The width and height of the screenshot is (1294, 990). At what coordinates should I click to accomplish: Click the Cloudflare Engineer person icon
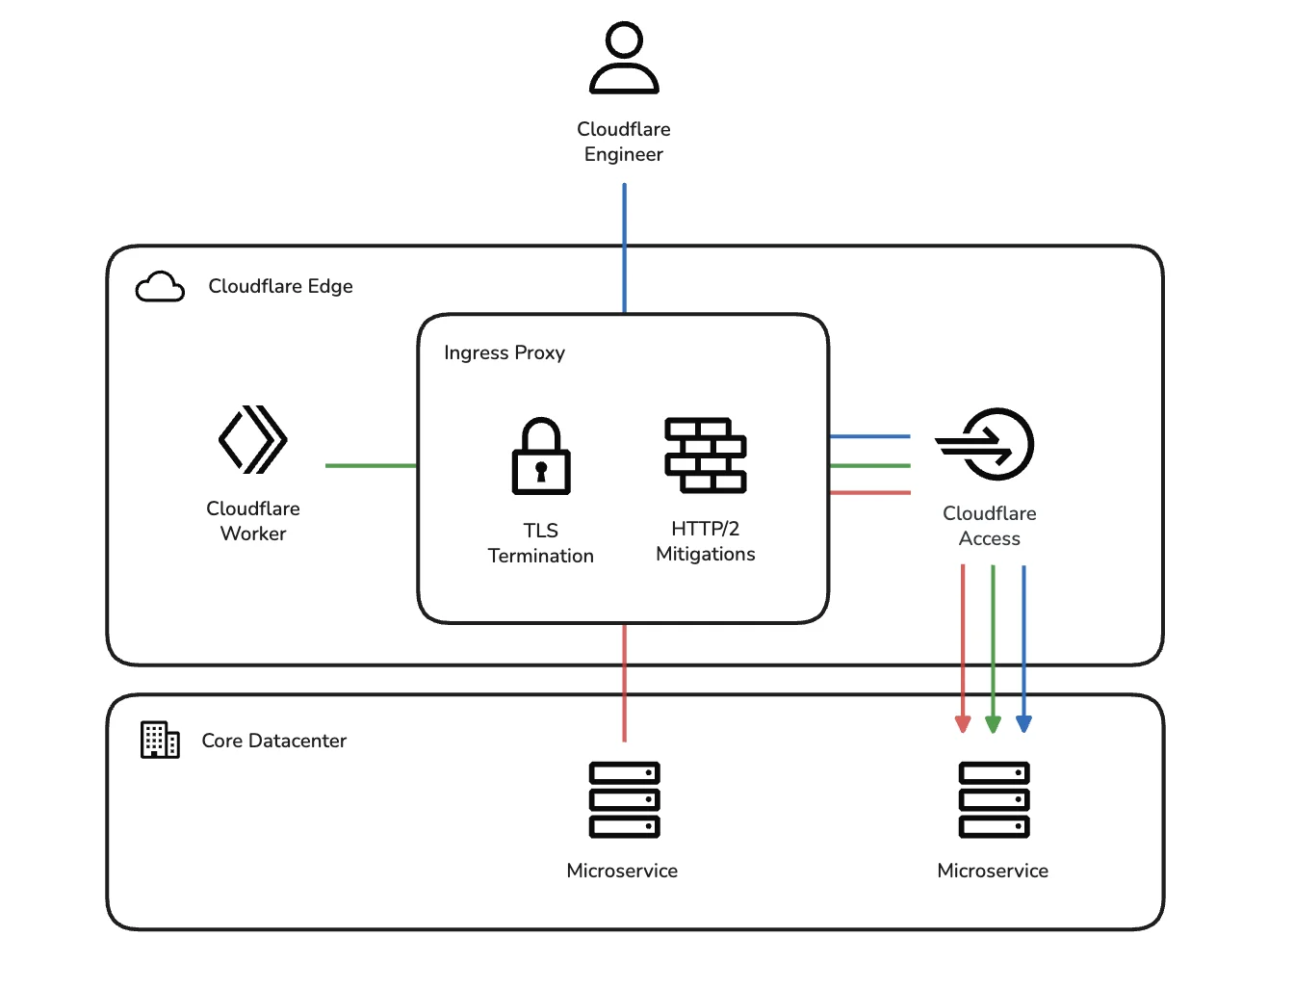tap(624, 59)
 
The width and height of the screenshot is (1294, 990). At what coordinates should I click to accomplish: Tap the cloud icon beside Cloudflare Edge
tap(160, 287)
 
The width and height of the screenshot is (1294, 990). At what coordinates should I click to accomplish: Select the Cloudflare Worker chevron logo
tap(253, 439)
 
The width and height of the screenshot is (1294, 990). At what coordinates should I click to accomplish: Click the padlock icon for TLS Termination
tap(540, 456)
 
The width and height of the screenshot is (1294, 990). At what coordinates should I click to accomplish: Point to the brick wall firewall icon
tap(706, 456)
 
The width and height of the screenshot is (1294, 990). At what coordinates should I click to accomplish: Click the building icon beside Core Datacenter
tap(160, 740)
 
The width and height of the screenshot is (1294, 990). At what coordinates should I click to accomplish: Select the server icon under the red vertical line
tap(624, 799)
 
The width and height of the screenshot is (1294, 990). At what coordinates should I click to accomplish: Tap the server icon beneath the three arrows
tap(994, 799)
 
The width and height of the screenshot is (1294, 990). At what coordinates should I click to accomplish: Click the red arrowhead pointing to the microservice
tap(963, 724)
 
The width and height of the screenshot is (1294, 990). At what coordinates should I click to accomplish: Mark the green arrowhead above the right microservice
tap(993, 724)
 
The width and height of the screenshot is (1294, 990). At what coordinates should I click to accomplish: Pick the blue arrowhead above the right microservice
tap(1023, 724)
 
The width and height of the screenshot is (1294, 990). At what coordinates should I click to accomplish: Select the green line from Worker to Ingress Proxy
tap(371, 466)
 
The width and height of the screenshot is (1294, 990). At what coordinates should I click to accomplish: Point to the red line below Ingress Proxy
tap(624, 683)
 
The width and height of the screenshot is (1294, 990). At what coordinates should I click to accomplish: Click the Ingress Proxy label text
tap(505, 353)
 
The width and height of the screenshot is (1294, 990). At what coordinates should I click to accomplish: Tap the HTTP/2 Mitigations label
tap(705, 541)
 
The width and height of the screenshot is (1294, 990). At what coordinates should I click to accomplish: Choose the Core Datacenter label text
tap(273, 741)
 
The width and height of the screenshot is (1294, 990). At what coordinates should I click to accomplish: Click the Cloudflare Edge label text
tap(280, 286)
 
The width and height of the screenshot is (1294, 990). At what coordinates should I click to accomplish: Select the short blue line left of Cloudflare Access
tap(869, 436)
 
